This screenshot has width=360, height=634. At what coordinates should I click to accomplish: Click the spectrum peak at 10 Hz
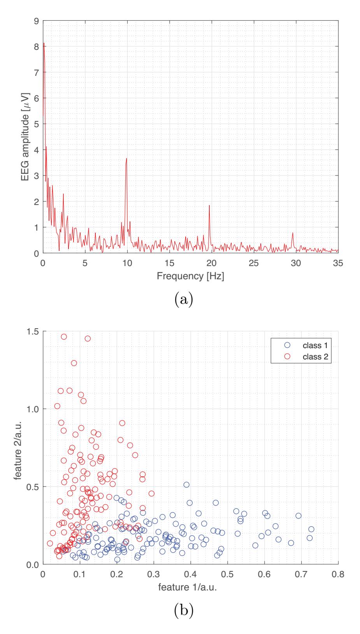[126, 159]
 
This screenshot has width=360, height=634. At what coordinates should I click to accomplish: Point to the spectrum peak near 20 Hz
[209, 206]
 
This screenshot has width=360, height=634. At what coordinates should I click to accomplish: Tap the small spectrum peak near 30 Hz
[292, 233]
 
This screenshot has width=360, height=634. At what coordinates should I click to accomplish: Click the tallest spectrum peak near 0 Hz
[44, 44]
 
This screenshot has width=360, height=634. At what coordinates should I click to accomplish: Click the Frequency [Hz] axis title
[190, 276]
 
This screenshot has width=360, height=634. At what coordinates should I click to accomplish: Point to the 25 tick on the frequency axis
[254, 263]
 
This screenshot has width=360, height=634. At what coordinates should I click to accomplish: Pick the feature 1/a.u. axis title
[187, 587]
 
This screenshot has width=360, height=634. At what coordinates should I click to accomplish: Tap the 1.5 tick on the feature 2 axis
[32, 331]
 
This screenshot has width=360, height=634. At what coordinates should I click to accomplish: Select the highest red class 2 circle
[64, 337]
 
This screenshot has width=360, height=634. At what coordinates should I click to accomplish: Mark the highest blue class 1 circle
[186, 485]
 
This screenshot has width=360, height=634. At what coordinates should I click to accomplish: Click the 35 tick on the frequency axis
[338, 263]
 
